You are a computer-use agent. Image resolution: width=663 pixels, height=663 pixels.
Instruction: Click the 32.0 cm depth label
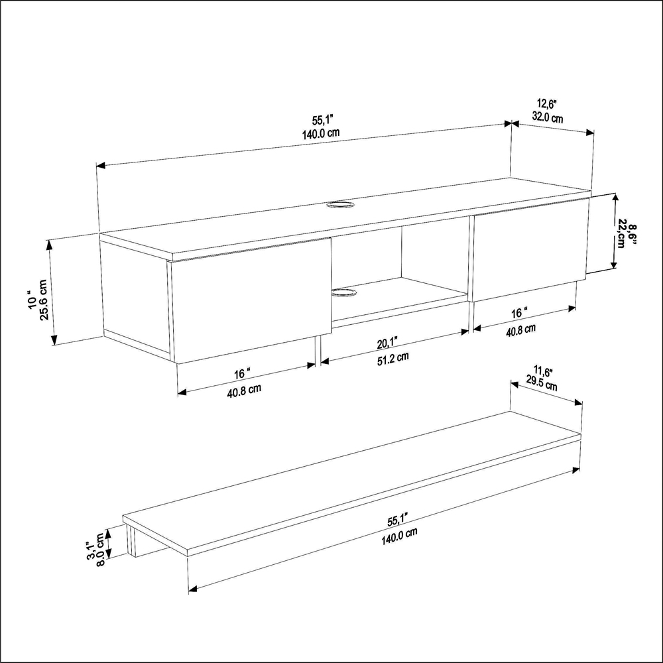[547, 119]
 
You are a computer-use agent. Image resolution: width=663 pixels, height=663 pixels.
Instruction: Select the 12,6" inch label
[547, 104]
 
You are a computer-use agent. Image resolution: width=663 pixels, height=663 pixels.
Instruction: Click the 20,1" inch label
[387, 342]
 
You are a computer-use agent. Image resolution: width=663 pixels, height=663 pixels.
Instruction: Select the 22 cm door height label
[622, 233]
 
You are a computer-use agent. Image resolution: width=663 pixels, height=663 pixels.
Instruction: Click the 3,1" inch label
[90, 549]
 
